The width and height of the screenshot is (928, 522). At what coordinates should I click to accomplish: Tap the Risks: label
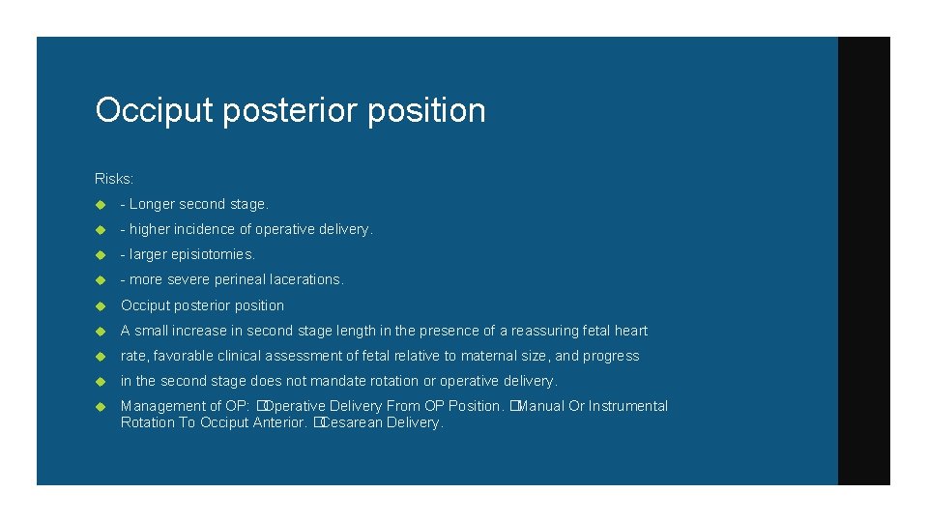tap(113, 179)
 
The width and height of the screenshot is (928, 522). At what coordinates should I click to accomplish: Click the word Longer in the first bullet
tap(152, 204)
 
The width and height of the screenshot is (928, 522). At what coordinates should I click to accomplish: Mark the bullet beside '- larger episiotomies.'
tap(100, 255)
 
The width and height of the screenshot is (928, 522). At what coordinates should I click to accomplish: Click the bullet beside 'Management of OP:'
tap(100, 407)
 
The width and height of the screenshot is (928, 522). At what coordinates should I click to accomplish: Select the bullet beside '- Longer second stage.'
tap(100, 205)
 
